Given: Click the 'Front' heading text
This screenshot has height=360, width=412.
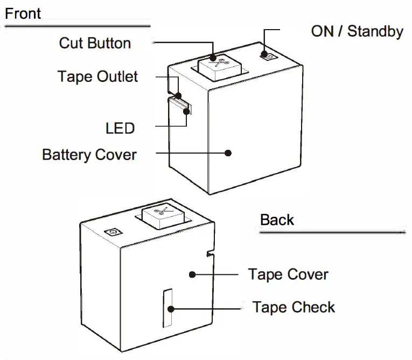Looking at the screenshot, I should [23, 13].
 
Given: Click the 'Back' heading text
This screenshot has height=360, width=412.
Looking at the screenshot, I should [277, 220].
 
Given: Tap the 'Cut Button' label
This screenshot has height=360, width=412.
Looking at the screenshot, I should [95, 43].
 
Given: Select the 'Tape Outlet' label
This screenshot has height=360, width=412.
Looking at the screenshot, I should [97, 77].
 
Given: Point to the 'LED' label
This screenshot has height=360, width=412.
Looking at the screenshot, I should [120, 128].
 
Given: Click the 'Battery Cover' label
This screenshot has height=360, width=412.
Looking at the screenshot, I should [89, 155].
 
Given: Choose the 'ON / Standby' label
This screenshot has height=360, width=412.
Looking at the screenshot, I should [357, 31].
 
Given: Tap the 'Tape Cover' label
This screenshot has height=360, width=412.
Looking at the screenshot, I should [288, 274].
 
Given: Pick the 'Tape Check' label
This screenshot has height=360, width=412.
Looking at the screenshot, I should [294, 307].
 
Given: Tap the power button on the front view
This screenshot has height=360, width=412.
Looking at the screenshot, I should [267, 55].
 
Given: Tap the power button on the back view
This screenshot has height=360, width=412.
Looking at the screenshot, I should [113, 233].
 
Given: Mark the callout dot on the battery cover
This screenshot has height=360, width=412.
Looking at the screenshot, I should [228, 153].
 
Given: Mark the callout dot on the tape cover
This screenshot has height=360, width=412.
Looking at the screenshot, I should [192, 274].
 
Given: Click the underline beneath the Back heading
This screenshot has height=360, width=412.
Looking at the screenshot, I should [332, 232].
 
